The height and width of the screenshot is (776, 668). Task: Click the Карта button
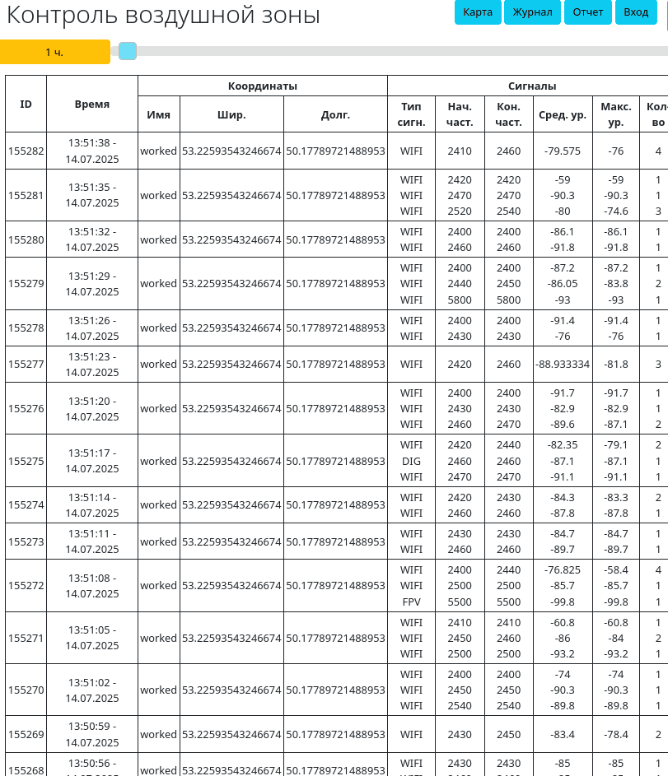click(478, 12)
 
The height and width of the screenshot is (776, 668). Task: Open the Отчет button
click(588, 12)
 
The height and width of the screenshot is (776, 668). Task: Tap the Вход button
click(636, 12)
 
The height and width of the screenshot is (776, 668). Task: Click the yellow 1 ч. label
click(54, 52)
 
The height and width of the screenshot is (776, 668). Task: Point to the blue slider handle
click(128, 52)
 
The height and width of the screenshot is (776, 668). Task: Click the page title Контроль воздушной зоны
click(163, 16)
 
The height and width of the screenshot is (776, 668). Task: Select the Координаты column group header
click(262, 86)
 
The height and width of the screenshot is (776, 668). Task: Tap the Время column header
click(92, 104)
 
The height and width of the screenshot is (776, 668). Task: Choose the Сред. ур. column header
click(563, 114)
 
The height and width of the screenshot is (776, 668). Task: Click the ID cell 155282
click(26, 151)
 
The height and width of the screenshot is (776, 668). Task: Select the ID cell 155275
click(26, 461)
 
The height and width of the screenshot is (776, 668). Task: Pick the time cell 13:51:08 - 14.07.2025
click(92, 585)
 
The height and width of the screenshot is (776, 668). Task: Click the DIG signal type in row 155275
click(411, 461)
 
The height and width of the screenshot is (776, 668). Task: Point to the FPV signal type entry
click(411, 601)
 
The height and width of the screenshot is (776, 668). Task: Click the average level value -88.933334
click(563, 364)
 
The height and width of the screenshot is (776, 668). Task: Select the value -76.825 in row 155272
click(563, 569)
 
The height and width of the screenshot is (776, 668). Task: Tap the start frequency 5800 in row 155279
click(460, 300)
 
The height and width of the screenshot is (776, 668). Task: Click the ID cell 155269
click(26, 734)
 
